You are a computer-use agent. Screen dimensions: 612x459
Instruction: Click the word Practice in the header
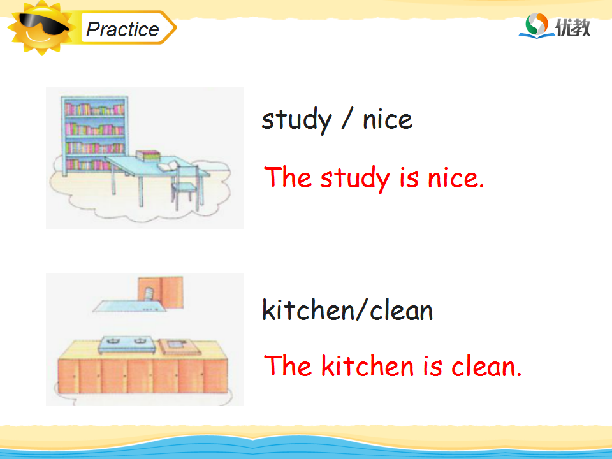tap(122, 29)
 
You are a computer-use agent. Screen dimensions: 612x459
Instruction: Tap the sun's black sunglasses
tap(43, 24)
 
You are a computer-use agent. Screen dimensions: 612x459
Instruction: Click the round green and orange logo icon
tap(536, 24)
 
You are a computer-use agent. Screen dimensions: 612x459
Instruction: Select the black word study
tap(296, 120)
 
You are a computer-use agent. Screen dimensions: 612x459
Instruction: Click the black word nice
tap(387, 119)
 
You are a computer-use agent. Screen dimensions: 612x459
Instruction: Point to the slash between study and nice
tap(347, 119)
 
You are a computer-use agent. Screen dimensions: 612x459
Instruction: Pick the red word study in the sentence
tap(355, 178)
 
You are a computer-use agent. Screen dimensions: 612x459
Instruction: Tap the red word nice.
tap(456, 178)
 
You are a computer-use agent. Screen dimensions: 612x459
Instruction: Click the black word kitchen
tap(308, 310)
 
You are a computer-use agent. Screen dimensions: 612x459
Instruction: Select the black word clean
tap(401, 310)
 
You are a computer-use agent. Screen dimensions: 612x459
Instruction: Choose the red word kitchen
tap(367, 365)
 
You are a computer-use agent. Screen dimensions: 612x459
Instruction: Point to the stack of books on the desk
tap(147, 156)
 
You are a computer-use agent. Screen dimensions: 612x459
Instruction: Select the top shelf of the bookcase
tap(94, 108)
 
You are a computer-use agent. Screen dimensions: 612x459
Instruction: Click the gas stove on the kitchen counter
tap(126, 345)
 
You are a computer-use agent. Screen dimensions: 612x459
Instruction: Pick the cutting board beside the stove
tap(180, 346)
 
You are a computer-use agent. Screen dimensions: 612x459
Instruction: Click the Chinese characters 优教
tap(572, 27)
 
